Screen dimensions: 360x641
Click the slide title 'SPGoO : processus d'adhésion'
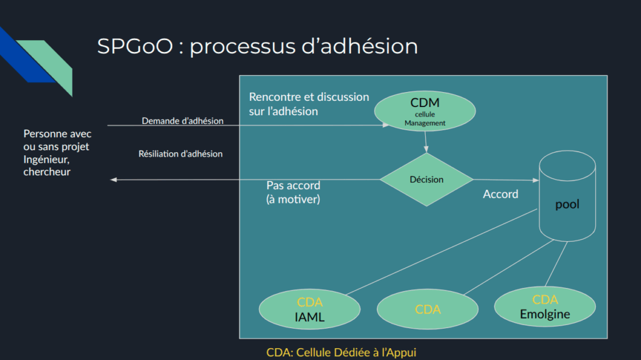(x=257, y=47)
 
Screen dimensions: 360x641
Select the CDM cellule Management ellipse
(x=425, y=111)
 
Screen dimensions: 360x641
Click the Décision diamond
(x=426, y=180)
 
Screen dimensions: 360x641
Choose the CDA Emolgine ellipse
(x=545, y=307)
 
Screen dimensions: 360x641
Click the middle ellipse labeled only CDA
(x=428, y=309)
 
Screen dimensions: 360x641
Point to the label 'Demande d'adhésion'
(x=182, y=121)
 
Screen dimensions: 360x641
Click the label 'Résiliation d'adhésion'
(x=180, y=153)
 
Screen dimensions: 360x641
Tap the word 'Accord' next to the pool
(x=500, y=194)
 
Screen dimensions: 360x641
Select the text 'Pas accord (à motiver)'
(x=293, y=192)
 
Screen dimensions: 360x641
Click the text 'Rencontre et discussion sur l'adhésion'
(x=309, y=104)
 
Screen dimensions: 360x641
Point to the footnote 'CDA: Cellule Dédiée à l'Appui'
(x=341, y=352)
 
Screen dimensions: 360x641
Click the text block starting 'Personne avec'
(x=57, y=153)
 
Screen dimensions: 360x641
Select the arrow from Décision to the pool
(x=506, y=180)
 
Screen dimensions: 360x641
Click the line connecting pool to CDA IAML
(x=442, y=251)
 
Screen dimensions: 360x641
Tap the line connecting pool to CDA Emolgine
(x=556, y=265)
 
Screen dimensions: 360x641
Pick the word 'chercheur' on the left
(x=47, y=172)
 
